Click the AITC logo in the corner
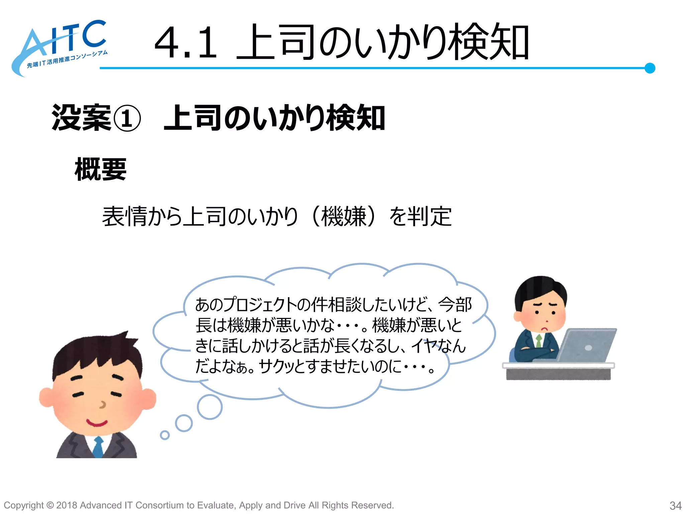60,47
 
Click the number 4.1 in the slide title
186,43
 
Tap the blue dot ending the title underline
650,68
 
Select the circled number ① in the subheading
127,118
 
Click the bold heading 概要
100,169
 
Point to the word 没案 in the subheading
81,118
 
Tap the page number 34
675,505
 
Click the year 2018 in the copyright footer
67,505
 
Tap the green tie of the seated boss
539,341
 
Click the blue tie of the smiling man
98,447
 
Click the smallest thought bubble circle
165,435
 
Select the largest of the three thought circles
210,407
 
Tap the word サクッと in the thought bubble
281,366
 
